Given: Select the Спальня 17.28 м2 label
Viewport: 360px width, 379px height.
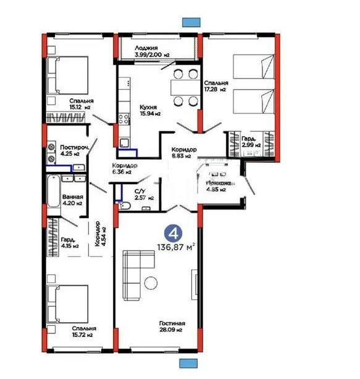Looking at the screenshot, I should point(217,85).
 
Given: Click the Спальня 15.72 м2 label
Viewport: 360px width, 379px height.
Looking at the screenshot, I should point(82,331).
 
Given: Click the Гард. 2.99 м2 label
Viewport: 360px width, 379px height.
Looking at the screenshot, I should point(249,141).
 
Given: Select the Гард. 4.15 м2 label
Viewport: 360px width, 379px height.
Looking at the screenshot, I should point(70,242).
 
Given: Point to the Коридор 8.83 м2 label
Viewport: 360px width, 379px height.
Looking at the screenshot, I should point(184,153).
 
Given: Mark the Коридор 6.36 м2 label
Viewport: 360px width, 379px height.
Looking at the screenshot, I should point(123,169).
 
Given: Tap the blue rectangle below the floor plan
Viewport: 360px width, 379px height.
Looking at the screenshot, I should point(187,364).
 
